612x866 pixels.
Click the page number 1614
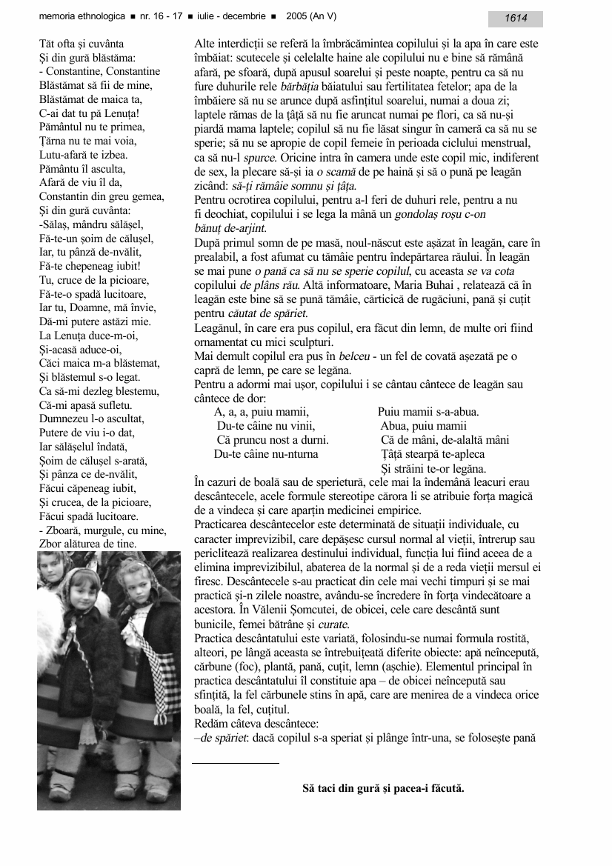(516, 19)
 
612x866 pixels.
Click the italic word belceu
(349, 356)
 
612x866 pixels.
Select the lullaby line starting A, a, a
(261, 412)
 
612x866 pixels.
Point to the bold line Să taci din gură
(383, 787)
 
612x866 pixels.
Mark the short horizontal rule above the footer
(235, 762)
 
